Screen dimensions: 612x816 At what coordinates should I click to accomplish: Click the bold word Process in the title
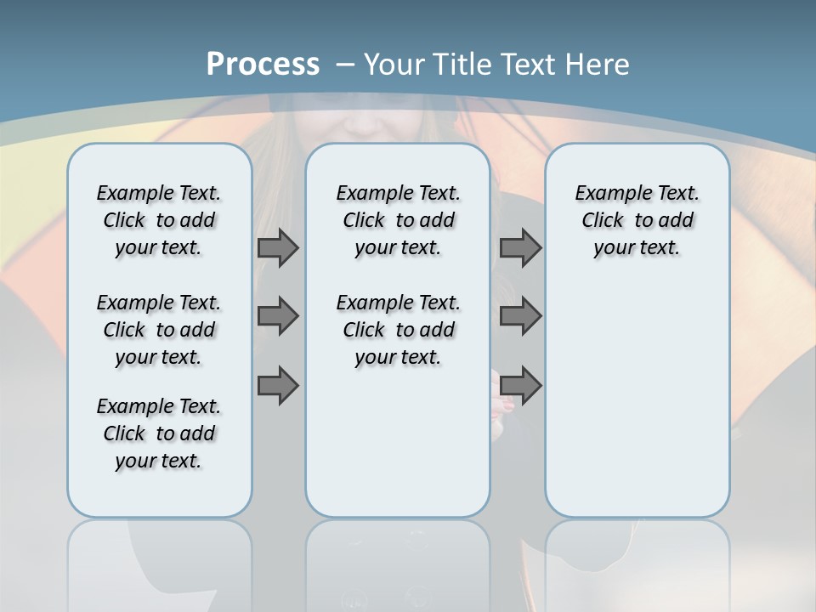[263, 64]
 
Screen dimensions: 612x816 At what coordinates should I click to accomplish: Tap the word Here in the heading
[598, 65]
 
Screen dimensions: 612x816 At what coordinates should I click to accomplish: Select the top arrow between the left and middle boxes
[278, 247]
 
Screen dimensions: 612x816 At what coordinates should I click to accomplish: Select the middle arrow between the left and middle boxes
[278, 316]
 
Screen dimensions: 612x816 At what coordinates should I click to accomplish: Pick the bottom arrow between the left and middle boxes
[278, 386]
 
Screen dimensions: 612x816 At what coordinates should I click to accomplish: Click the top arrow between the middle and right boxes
[520, 247]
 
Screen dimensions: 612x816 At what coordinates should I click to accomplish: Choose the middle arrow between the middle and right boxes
[520, 316]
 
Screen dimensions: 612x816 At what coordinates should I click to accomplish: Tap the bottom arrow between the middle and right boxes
[520, 386]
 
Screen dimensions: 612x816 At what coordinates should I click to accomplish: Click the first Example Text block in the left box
[159, 220]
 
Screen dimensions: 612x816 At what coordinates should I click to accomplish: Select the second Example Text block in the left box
[159, 330]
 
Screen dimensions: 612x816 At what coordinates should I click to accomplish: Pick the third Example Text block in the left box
[159, 433]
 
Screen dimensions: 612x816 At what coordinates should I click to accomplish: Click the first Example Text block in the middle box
[398, 220]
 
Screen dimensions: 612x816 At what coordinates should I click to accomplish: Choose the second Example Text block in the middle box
[398, 330]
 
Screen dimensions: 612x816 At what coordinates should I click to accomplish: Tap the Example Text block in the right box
[637, 220]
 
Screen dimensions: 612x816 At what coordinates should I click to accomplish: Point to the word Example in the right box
[608, 194]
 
